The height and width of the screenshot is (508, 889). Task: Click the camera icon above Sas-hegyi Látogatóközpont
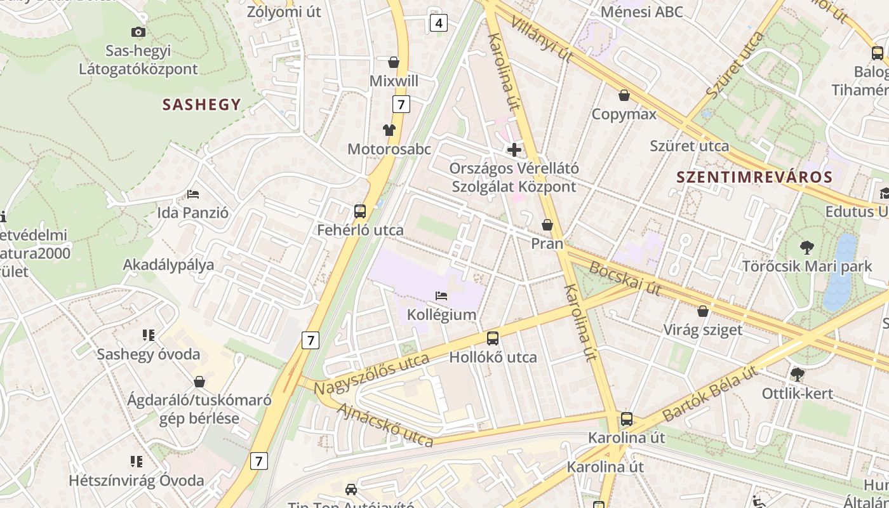coord(138,32)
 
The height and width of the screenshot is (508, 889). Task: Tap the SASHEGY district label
coord(201,105)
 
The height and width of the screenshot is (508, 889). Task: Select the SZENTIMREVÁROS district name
coord(754,177)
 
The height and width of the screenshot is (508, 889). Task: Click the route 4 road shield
coord(438,23)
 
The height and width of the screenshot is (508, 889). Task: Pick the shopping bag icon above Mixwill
coord(394,62)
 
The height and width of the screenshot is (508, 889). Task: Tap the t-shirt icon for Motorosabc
coord(389,130)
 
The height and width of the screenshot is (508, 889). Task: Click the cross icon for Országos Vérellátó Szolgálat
coord(514,150)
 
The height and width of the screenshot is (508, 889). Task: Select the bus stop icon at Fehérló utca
coord(360,211)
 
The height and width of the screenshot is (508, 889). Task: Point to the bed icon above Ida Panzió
coord(193,194)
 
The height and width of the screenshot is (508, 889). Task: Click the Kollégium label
coord(441,314)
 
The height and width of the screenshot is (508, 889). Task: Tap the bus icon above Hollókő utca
coord(493,338)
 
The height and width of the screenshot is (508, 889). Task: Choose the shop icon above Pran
coord(547,225)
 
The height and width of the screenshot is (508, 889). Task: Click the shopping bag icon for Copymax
coord(624,95)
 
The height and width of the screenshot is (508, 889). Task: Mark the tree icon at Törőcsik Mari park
coord(807,247)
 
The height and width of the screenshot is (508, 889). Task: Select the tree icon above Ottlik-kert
coord(797,375)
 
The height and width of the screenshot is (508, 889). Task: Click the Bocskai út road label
coord(625,279)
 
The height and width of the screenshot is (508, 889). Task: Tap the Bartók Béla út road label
coord(710,394)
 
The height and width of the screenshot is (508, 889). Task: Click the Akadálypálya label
coord(168,265)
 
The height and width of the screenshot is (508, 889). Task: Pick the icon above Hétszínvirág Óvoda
coord(137,461)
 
